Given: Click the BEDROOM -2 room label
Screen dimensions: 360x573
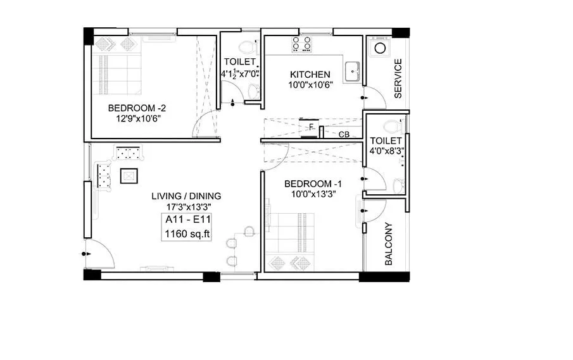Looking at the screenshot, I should [137, 107].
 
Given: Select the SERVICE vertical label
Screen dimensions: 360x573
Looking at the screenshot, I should [398, 78].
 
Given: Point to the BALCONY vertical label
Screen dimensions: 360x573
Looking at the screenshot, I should [388, 244].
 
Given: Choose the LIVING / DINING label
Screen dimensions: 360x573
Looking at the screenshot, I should [186, 196].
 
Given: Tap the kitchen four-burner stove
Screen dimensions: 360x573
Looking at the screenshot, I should [301, 44].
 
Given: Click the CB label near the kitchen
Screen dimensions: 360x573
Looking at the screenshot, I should [344, 134].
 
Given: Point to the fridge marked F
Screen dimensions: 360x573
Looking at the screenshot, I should [310, 127].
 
